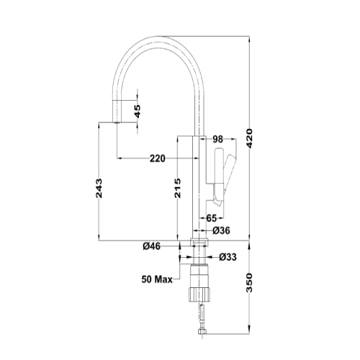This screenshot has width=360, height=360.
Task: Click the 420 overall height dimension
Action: point(250,138)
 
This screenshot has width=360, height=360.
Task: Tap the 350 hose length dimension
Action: point(250,282)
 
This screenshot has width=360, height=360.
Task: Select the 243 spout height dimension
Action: point(99,188)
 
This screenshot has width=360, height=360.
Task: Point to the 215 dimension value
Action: point(178,188)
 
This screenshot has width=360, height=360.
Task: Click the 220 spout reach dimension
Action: point(158,158)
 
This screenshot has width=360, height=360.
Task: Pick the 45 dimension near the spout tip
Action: point(138,112)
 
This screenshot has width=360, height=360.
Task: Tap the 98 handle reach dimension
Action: point(218,139)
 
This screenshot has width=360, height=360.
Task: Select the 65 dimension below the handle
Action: point(212,218)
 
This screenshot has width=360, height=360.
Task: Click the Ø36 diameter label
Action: point(221,230)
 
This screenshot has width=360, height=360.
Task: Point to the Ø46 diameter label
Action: point(151,246)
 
